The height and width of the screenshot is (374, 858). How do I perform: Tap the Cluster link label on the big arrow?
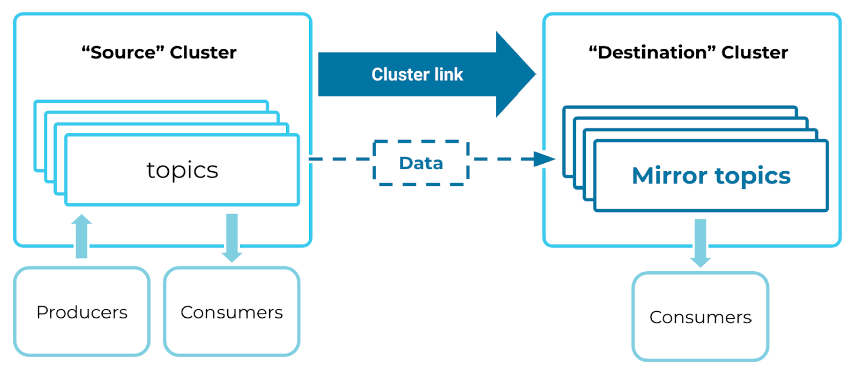coord(417,74)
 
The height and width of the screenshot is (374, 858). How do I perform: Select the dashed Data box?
coord(421,163)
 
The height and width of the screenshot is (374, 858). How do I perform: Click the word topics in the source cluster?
coord(182,170)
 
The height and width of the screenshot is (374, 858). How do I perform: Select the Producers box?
coord(81,312)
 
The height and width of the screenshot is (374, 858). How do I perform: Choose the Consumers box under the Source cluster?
coord(232,312)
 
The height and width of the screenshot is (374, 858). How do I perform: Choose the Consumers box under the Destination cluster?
coord(700,317)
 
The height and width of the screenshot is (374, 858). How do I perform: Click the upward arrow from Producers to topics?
coord(81,236)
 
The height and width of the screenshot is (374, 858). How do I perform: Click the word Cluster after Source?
coord(203,52)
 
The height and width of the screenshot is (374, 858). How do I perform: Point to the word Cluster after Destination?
coord(755,52)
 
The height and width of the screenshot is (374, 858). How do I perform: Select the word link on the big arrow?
coord(449,74)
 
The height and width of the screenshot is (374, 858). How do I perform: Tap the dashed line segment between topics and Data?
coord(340,159)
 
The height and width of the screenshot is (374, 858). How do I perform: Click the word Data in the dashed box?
coord(421,163)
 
